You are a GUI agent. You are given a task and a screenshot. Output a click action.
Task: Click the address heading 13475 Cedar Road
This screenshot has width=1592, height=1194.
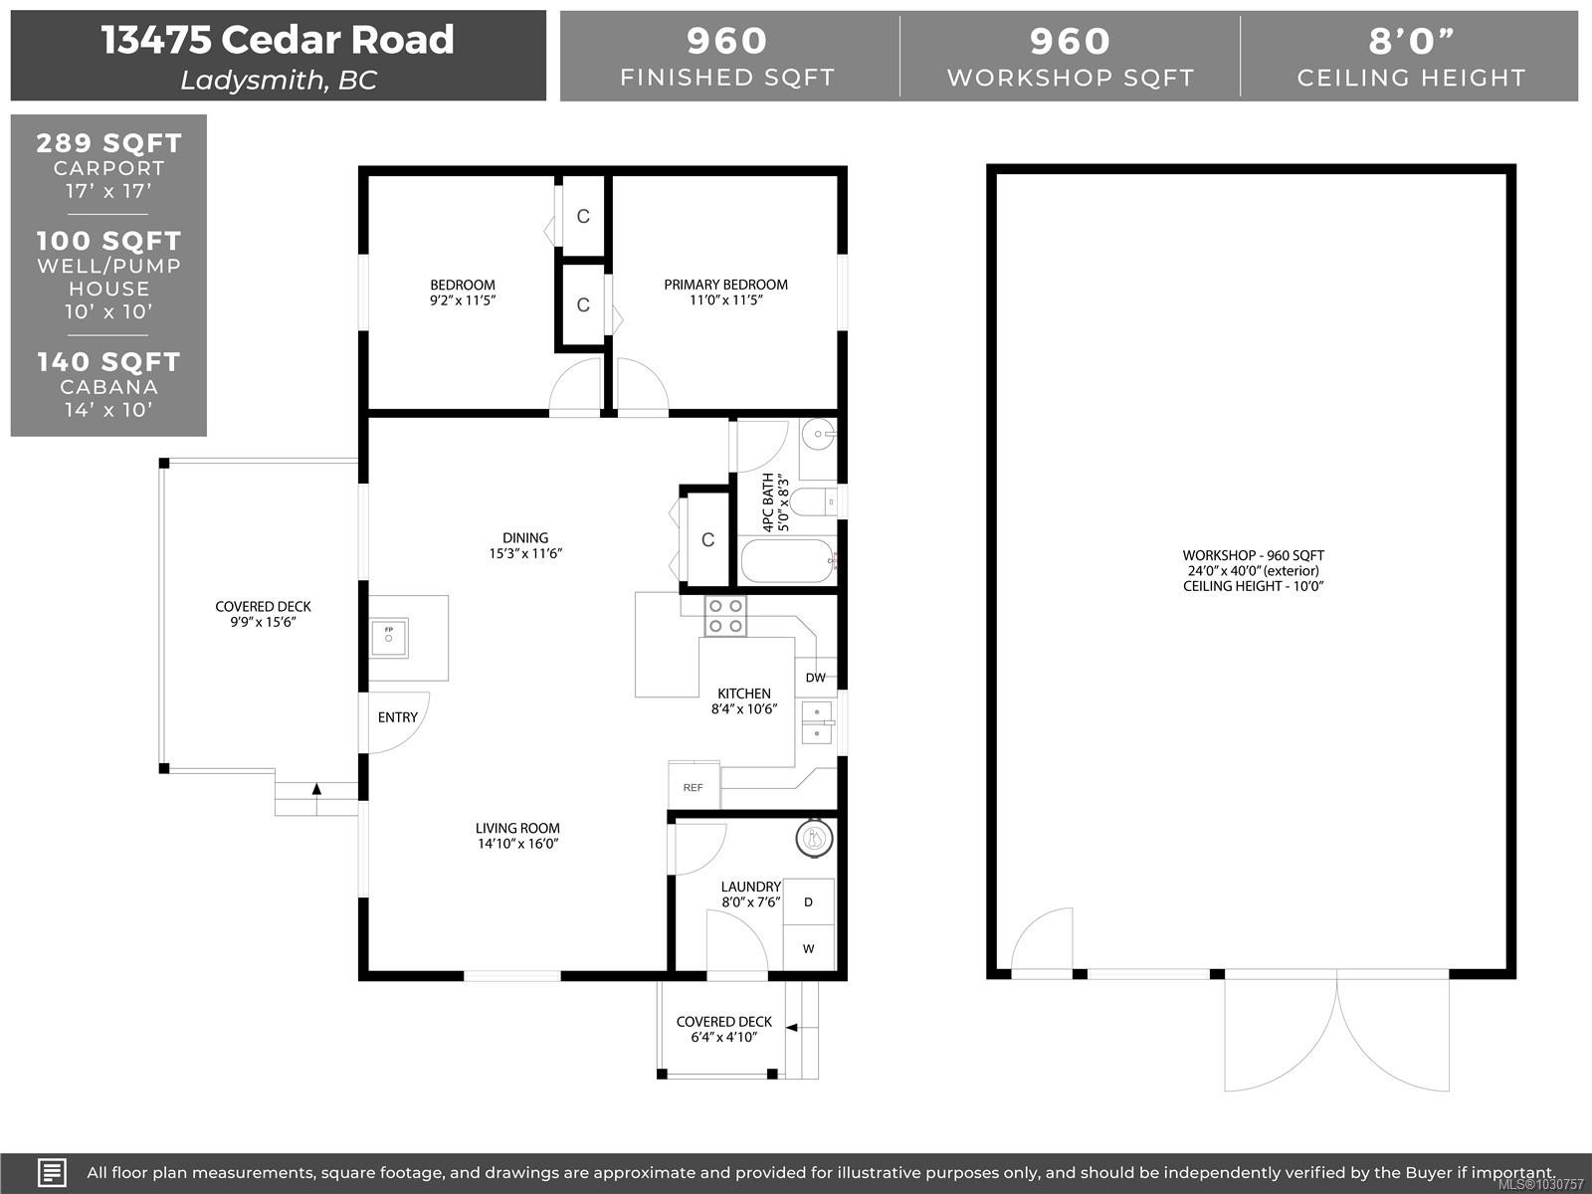(278, 40)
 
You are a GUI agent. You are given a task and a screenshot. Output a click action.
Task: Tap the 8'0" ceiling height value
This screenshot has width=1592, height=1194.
(1410, 42)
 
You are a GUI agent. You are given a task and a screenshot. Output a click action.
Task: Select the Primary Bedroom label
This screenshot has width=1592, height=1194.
(725, 285)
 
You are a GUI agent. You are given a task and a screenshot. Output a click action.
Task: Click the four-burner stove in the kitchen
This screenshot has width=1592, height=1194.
(724, 616)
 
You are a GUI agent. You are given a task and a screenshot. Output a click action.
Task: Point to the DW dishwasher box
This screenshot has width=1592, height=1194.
(815, 678)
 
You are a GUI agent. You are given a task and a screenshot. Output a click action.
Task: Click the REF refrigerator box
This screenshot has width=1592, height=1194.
(694, 786)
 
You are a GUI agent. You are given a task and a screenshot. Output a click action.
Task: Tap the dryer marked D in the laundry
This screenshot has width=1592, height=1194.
(808, 902)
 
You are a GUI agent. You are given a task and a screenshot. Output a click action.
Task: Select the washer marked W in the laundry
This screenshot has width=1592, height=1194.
(808, 948)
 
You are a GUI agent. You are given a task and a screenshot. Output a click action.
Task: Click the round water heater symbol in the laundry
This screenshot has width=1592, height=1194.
(814, 839)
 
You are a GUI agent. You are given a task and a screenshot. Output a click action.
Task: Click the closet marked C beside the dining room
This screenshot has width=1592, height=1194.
(707, 539)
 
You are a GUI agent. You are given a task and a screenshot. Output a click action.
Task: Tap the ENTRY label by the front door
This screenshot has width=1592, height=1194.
(397, 717)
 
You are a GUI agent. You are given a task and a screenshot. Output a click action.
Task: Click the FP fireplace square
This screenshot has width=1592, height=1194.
(389, 637)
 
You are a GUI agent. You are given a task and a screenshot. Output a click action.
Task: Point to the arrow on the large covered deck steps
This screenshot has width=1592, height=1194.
(316, 790)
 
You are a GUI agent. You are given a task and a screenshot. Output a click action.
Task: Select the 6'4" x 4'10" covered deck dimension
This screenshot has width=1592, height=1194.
(723, 1038)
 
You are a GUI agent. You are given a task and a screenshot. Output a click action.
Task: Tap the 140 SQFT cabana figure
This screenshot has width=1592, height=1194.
(108, 361)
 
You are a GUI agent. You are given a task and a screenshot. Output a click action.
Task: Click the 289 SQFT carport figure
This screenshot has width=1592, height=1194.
(108, 142)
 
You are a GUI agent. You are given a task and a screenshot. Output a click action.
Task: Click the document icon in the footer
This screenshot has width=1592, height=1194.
(52, 1172)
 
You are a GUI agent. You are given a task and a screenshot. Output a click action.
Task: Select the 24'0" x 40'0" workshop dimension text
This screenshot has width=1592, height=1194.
(1253, 571)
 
